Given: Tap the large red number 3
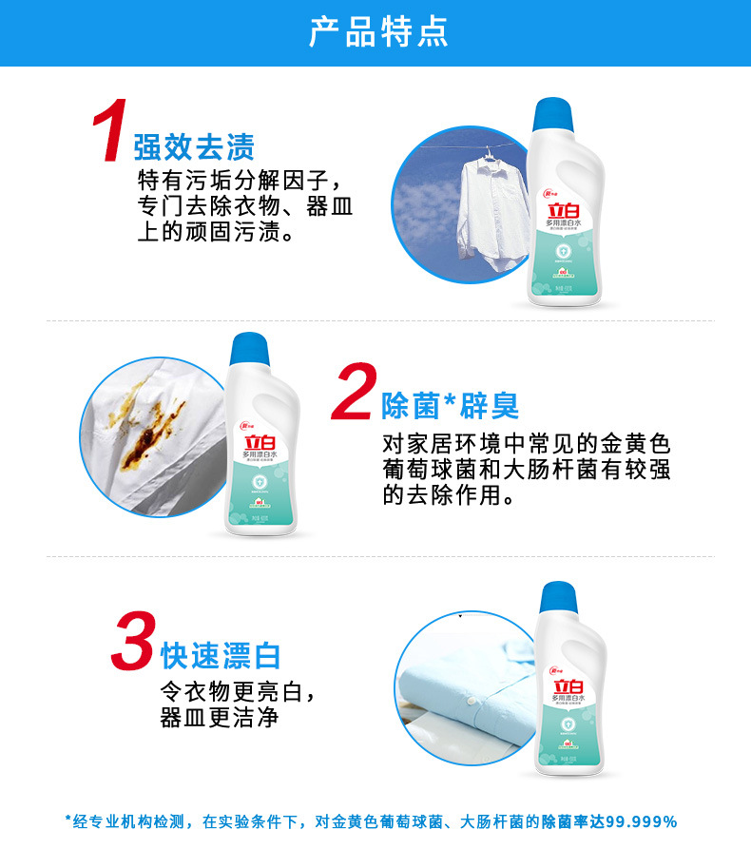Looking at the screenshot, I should (x=133, y=642).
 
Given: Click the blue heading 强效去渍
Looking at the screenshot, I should (x=194, y=147).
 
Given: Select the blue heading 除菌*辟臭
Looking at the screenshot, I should (x=450, y=407).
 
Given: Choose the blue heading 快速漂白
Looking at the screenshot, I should (x=221, y=655).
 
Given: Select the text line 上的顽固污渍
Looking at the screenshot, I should (x=215, y=232).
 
